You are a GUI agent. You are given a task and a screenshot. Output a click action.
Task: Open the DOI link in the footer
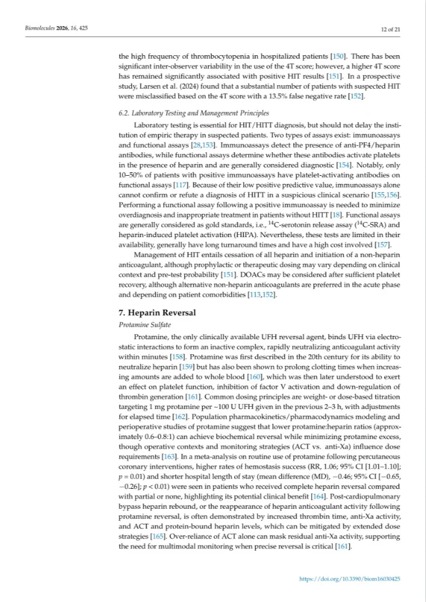click(350, 579)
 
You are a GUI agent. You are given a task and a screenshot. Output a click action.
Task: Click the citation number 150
click(338, 56)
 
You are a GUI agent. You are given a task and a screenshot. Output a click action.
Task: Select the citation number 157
click(384, 244)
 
